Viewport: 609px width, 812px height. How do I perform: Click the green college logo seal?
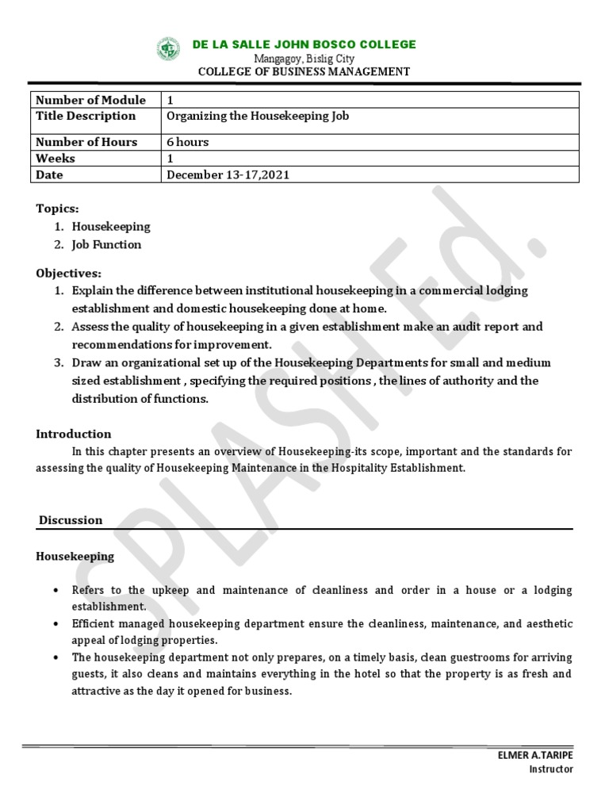pyautogui.click(x=169, y=49)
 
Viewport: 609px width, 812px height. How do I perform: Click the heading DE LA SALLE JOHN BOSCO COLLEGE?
pyautogui.click(x=304, y=44)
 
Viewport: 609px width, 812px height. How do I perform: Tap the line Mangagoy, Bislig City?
pyautogui.click(x=304, y=59)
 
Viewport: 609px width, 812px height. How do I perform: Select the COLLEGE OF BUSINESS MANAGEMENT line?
pyautogui.click(x=304, y=71)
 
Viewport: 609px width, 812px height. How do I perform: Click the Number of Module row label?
pyautogui.click(x=91, y=100)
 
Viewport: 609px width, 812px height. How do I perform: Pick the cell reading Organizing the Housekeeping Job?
pyautogui.click(x=257, y=116)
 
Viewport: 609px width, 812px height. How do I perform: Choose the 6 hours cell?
pyautogui.click(x=188, y=142)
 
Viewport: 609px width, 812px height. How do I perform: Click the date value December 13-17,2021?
pyautogui.click(x=228, y=174)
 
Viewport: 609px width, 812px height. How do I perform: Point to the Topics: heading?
pyautogui.click(x=57, y=208)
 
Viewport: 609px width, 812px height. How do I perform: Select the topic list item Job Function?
pyautogui.click(x=106, y=244)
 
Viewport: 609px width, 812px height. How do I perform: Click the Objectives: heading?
pyautogui.click(x=68, y=273)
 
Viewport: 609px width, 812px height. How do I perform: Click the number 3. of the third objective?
pyautogui.click(x=59, y=362)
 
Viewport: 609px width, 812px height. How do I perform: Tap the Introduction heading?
pyautogui.click(x=74, y=434)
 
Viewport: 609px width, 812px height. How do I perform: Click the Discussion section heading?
pyautogui.click(x=71, y=520)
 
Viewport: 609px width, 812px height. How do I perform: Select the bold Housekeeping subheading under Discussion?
pyautogui.click(x=75, y=556)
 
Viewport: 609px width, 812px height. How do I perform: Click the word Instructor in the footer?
pyautogui.click(x=550, y=768)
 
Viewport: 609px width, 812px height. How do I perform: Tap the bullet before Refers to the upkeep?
pyautogui.click(x=56, y=591)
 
